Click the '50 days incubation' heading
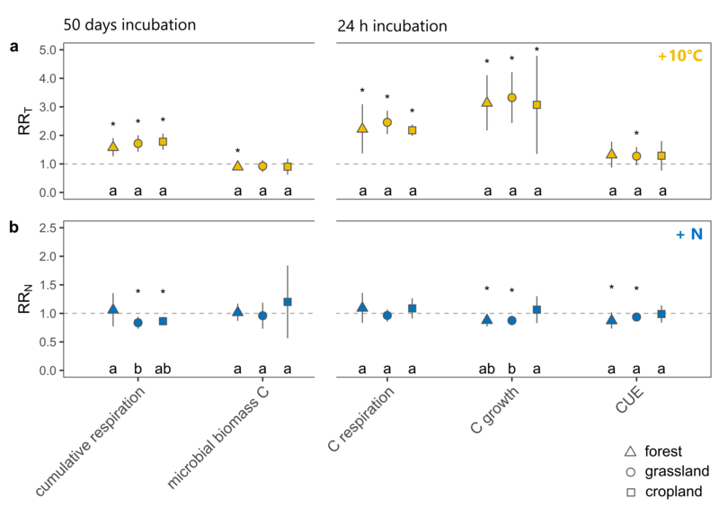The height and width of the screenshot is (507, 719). click(x=129, y=24)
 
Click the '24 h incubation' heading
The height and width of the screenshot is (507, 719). click(x=394, y=24)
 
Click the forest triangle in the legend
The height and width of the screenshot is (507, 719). click(x=631, y=450)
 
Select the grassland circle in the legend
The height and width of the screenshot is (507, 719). click(x=631, y=471)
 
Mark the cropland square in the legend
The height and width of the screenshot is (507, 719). click(x=631, y=491)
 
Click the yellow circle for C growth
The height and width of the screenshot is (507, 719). click(x=512, y=97)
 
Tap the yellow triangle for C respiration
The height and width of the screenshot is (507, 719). click(x=362, y=128)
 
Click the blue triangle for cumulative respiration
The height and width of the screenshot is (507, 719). click(x=113, y=308)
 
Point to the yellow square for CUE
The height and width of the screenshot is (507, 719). click(x=661, y=156)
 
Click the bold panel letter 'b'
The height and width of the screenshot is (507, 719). click(x=13, y=227)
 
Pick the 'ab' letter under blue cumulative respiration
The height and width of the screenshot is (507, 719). click(x=163, y=369)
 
